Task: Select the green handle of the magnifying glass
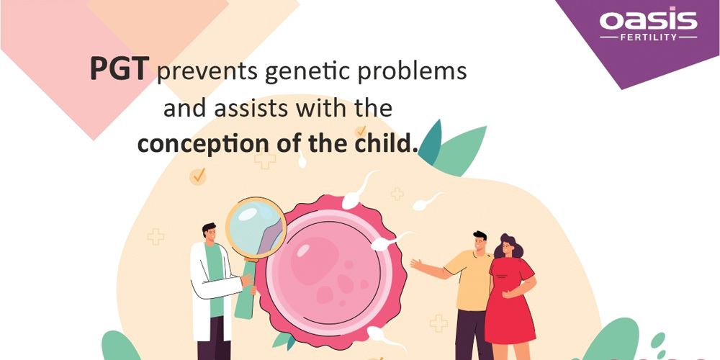coord(246,289)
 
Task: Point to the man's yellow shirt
coord(469,280)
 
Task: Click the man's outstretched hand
coord(417,264)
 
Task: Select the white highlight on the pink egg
coord(304,251)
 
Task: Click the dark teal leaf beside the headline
coord(431,143)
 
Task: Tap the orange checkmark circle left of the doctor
coord(198,176)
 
